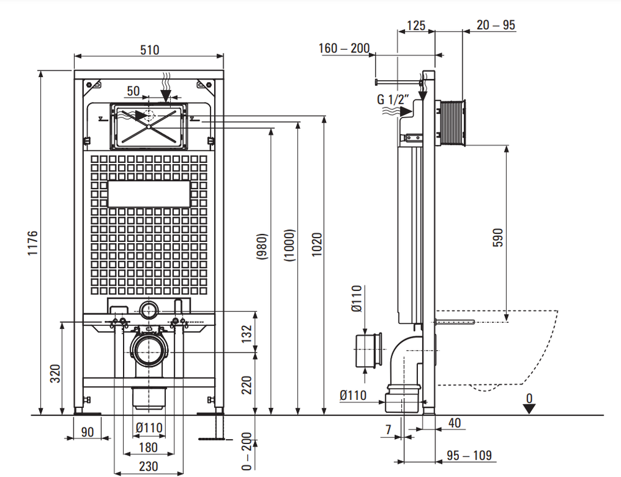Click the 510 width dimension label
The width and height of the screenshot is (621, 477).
tap(150, 50)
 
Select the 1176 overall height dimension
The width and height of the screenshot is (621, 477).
tap(32, 243)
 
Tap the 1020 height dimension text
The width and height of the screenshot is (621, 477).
tap(317, 244)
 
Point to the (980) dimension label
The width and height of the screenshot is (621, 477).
tap(262, 247)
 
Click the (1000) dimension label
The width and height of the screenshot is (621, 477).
tap(290, 245)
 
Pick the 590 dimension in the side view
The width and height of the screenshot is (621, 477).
tap(498, 238)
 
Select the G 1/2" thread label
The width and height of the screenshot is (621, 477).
tap(393, 99)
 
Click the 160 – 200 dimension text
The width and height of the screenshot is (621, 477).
tap(344, 49)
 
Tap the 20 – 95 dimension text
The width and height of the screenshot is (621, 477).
tap(496, 25)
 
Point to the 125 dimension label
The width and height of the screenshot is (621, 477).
tap(416, 25)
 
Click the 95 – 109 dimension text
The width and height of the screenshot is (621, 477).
tap(469, 455)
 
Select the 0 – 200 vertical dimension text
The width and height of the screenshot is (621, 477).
tap(247, 452)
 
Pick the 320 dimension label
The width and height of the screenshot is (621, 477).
tap(55, 374)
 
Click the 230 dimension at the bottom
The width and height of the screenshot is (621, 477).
tap(148, 466)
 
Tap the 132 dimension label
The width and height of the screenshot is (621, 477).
tap(247, 334)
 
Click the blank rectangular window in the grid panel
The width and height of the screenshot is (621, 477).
tap(149, 194)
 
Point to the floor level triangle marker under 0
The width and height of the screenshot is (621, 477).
tap(529, 409)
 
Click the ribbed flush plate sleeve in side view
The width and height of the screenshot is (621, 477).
tap(451, 122)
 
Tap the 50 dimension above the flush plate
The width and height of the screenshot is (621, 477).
tap(133, 91)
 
